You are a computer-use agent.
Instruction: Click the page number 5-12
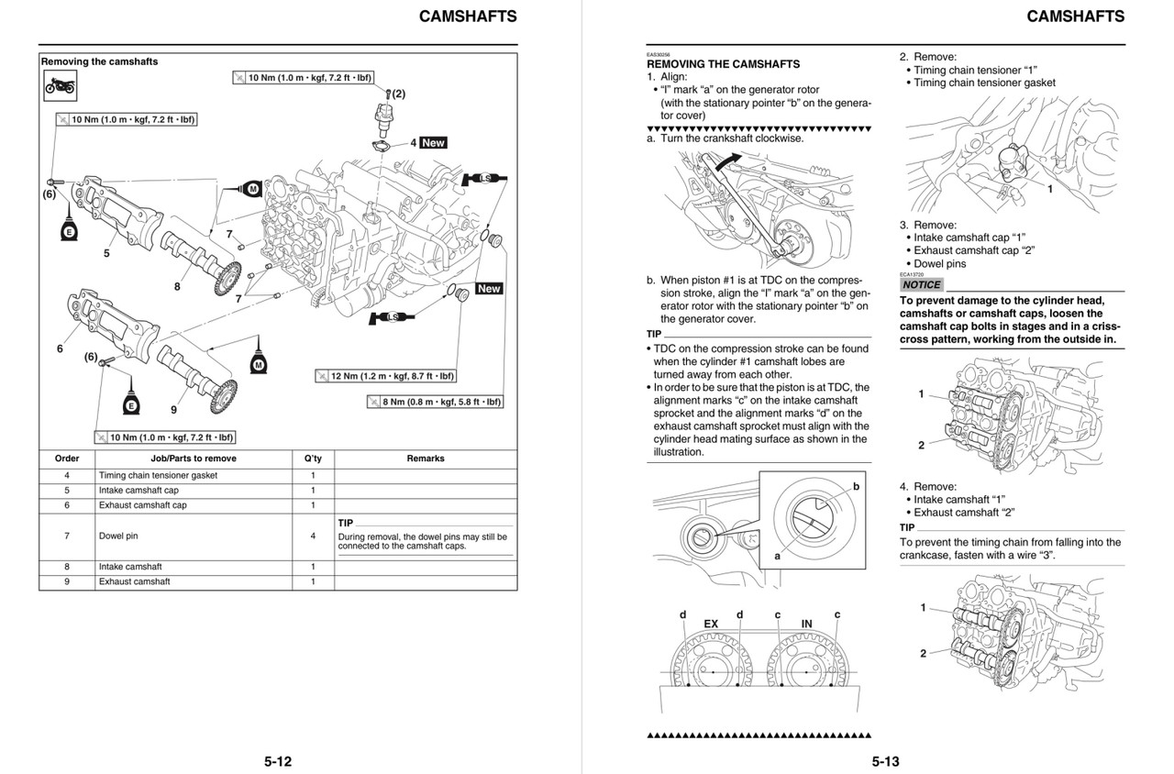pos(278,760)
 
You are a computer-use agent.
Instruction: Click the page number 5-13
pos(886,760)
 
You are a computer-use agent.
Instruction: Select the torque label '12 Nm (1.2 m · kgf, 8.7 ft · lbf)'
pos(385,376)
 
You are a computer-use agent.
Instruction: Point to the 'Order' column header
pos(67,459)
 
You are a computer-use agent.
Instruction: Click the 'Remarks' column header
pos(425,459)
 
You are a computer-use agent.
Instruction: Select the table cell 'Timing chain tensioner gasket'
pos(158,476)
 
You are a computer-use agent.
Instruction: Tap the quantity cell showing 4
pos(312,536)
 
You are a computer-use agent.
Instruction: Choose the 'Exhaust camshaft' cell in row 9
pos(134,581)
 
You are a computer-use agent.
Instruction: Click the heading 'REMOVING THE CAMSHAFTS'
pos(724,64)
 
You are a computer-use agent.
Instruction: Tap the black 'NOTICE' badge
pos(921,284)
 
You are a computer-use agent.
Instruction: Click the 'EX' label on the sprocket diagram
pos(711,624)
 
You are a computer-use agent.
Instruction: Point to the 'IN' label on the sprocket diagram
pos(806,624)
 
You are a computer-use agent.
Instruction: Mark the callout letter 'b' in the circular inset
pos(856,486)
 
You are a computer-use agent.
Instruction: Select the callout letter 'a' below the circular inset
pos(777,556)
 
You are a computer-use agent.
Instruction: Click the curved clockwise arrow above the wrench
pos(731,161)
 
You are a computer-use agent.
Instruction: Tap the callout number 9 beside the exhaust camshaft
pos(173,408)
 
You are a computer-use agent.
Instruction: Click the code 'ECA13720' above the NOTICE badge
pos(912,274)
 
